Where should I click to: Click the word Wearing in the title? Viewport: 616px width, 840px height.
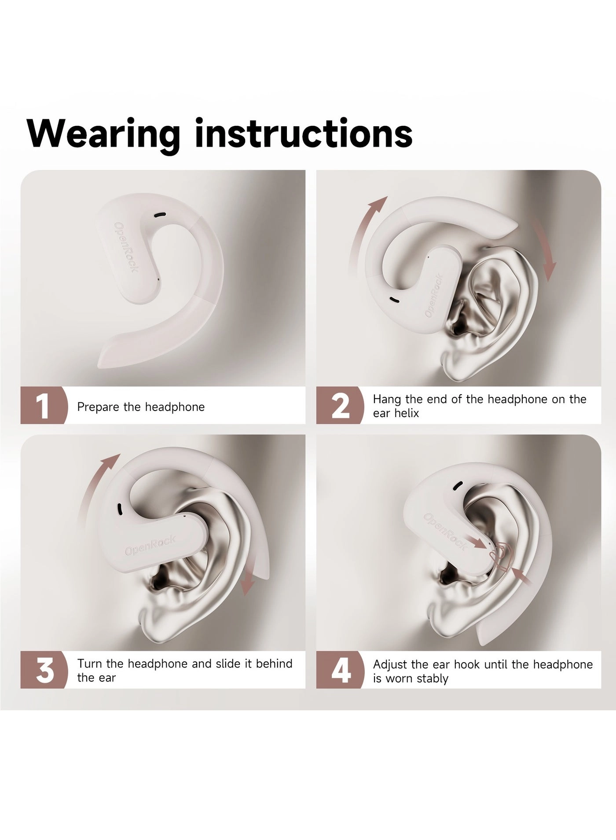click(x=103, y=133)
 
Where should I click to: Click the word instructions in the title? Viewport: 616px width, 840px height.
click(x=304, y=133)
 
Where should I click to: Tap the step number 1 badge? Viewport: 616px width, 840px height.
click(x=43, y=405)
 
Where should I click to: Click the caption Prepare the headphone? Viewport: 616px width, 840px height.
click(x=141, y=407)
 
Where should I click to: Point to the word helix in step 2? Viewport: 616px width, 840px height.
click(x=405, y=413)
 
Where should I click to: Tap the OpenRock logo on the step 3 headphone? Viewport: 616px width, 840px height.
click(x=150, y=545)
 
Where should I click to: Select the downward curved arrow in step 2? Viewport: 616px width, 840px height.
click(x=545, y=251)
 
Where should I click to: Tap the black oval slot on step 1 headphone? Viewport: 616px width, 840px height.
click(x=160, y=215)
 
